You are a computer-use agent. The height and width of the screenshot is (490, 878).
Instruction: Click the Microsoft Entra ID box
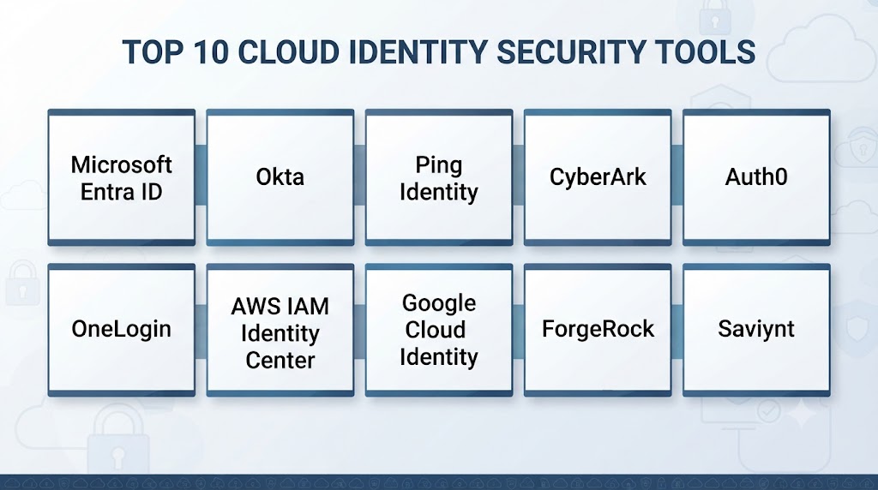(122, 177)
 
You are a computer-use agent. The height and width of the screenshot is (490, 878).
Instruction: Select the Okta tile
(280, 177)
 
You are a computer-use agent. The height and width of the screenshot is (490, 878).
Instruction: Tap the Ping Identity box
(439, 177)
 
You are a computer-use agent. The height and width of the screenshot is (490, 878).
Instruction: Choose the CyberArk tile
(598, 177)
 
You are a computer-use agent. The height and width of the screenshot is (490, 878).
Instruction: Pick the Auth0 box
(756, 177)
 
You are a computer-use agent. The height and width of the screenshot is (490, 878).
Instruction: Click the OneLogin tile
(122, 330)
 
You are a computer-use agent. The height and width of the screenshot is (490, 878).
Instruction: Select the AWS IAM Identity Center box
(280, 330)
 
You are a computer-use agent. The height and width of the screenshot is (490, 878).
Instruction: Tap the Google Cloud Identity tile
(439, 330)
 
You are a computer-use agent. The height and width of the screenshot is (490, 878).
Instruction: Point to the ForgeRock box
(598, 330)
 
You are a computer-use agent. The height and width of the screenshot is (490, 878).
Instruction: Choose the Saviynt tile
(756, 330)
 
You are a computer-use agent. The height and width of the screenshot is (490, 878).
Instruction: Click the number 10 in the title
(211, 52)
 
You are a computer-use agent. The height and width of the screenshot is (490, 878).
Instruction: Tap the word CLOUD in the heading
(288, 52)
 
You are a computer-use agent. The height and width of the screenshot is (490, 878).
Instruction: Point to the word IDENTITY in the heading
(418, 52)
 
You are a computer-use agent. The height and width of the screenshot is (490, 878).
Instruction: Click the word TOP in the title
(153, 52)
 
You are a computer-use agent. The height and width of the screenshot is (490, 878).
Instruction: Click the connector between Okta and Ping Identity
(359, 175)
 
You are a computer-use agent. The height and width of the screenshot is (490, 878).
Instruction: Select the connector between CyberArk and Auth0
(677, 175)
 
